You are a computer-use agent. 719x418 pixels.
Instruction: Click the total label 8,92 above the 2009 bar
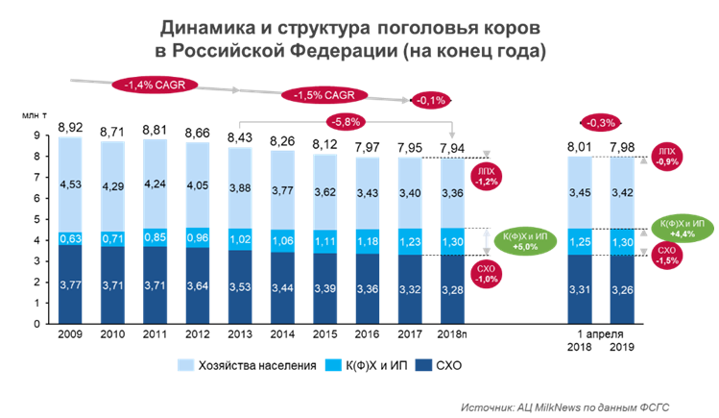point(69,127)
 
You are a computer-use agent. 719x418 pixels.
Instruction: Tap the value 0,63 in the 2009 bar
point(69,238)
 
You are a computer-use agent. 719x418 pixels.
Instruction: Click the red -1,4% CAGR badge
point(156,85)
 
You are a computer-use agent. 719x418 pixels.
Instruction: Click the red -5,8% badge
point(346,122)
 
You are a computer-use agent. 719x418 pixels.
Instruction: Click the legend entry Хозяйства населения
point(247,366)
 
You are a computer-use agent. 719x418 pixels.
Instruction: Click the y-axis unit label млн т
point(36,114)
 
